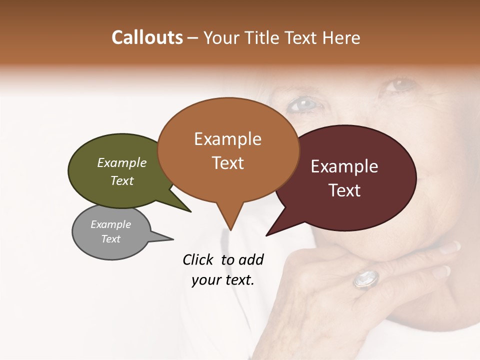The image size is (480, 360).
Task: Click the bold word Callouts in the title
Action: coord(147,37)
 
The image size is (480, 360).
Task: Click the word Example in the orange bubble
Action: coord(227,139)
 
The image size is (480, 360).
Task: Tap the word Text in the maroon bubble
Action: coord(344,190)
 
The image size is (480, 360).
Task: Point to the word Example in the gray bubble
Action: coord(110,224)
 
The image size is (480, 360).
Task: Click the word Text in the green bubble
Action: coord(122,180)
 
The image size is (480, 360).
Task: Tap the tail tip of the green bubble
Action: coord(190,211)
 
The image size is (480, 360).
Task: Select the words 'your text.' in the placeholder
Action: coord(223,280)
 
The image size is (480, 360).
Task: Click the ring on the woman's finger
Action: coord(366,279)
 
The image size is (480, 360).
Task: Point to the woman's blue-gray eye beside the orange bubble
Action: coord(304,104)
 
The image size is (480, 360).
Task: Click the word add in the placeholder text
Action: coord(250,259)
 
